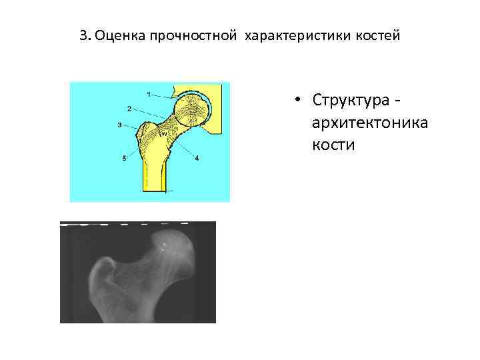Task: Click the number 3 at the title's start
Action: (82, 35)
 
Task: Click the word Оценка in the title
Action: (117, 35)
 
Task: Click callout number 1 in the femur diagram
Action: (148, 92)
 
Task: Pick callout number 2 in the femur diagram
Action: (128, 107)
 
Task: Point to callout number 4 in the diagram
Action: (197, 159)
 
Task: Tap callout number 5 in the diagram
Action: (124, 158)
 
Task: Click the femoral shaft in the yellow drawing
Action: (154, 173)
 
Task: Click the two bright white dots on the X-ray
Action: (165, 247)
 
